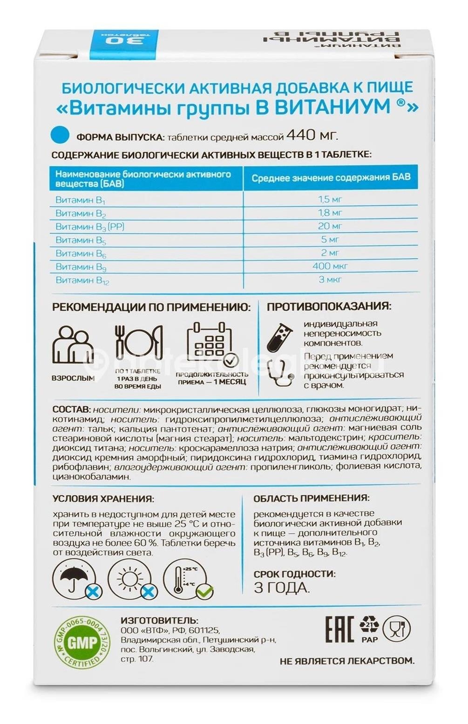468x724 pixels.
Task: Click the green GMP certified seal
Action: [82, 643]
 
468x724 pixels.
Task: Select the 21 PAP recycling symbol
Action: [369, 629]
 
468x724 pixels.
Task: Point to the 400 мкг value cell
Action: [330, 266]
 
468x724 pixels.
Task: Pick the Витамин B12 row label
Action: [82, 280]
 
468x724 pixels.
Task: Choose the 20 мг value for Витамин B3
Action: [330, 226]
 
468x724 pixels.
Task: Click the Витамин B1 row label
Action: [81, 200]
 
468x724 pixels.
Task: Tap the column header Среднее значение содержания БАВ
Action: [331, 178]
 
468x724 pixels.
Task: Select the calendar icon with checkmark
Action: [211, 345]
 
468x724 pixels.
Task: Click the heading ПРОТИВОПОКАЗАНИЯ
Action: [329, 306]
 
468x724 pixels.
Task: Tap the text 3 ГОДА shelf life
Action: [282, 588]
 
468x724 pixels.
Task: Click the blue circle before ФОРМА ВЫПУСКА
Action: [60, 135]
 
